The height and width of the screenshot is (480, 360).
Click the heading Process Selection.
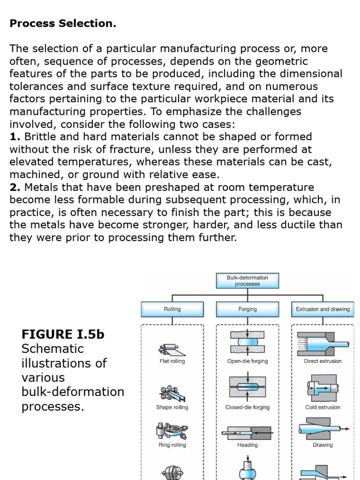(x=63, y=24)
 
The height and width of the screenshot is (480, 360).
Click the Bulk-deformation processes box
(x=247, y=281)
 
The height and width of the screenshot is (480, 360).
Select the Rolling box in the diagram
(x=172, y=309)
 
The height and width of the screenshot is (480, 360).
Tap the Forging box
(x=247, y=309)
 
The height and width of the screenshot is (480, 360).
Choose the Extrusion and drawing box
(x=322, y=309)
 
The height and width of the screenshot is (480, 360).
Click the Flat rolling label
(x=172, y=361)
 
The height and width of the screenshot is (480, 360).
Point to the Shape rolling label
(x=172, y=407)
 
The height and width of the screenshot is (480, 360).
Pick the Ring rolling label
(x=172, y=445)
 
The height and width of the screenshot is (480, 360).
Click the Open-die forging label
(x=247, y=361)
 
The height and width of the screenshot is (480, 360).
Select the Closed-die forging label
(x=247, y=407)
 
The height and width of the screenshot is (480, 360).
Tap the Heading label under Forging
(x=247, y=445)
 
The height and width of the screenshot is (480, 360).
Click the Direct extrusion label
(x=322, y=361)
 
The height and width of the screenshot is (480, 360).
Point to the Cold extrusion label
(x=322, y=407)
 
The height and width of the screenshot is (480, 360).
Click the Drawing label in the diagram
(x=322, y=445)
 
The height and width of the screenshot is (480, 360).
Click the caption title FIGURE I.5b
(x=63, y=334)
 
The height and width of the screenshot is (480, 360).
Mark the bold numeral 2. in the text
(x=15, y=187)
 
